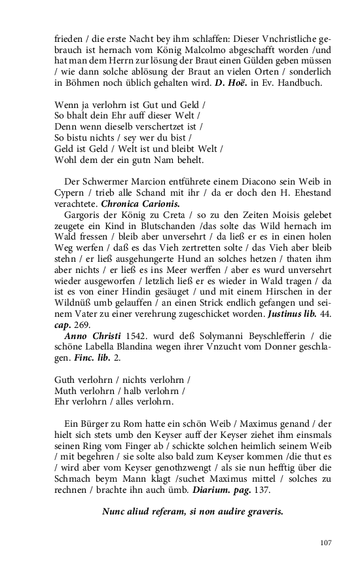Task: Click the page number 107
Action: coord(327,542)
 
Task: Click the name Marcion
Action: coord(143,181)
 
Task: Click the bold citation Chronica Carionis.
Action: coord(133,204)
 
